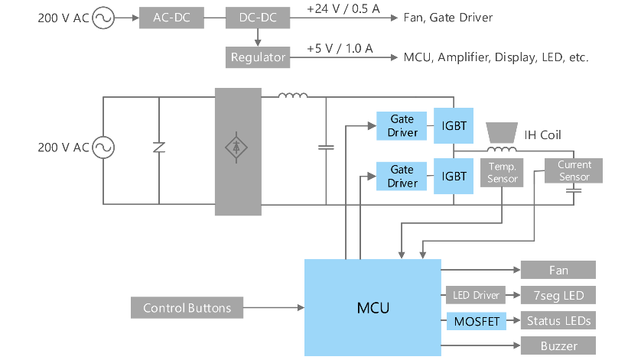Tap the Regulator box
click(258, 57)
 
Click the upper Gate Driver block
click(402, 126)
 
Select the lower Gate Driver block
click(402, 177)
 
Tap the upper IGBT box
click(454, 126)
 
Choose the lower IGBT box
click(454, 177)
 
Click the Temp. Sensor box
click(503, 172)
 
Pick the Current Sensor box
click(574, 171)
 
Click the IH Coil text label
click(542, 135)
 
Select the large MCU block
click(373, 308)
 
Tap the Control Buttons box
click(187, 308)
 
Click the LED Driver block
click(476, 295)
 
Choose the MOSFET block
click(476, 321)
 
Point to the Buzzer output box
click(558, 346)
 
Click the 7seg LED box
click(558, 295)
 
